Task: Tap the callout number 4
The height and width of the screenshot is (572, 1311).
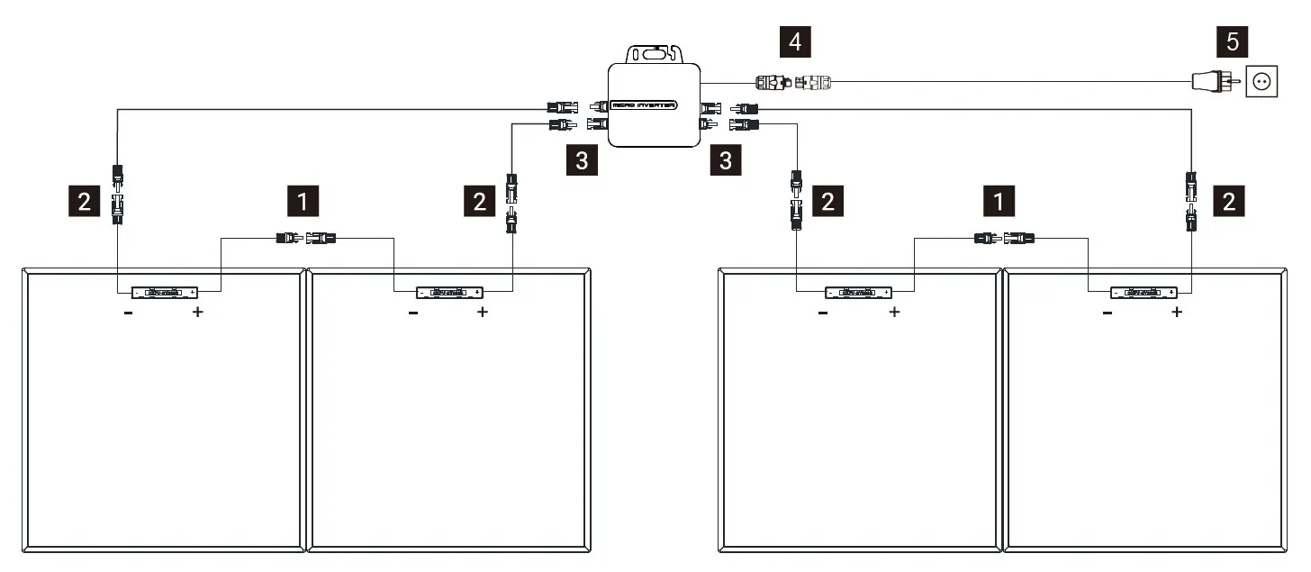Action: (793, 41)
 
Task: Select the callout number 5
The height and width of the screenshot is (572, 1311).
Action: (1231, 41)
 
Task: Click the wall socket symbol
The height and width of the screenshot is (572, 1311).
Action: (1262, 82)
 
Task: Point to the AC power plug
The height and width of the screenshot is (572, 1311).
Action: (1211, 82)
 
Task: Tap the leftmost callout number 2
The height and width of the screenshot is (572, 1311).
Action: (85, 202)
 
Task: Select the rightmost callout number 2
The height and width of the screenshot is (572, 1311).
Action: (1228, 202)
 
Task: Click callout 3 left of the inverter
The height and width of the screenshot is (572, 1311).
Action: (583, 161)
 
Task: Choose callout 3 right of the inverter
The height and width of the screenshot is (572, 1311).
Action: (725, 161)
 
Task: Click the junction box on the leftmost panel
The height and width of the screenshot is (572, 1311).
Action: (165, 292)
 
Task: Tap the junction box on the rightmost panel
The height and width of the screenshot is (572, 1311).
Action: (1144, 292)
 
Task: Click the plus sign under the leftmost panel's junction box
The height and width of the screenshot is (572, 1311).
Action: (198, 313)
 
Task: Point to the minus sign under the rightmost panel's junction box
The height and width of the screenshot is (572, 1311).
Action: (1107, 313)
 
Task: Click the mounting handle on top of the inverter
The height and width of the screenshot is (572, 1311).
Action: (655, 53)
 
